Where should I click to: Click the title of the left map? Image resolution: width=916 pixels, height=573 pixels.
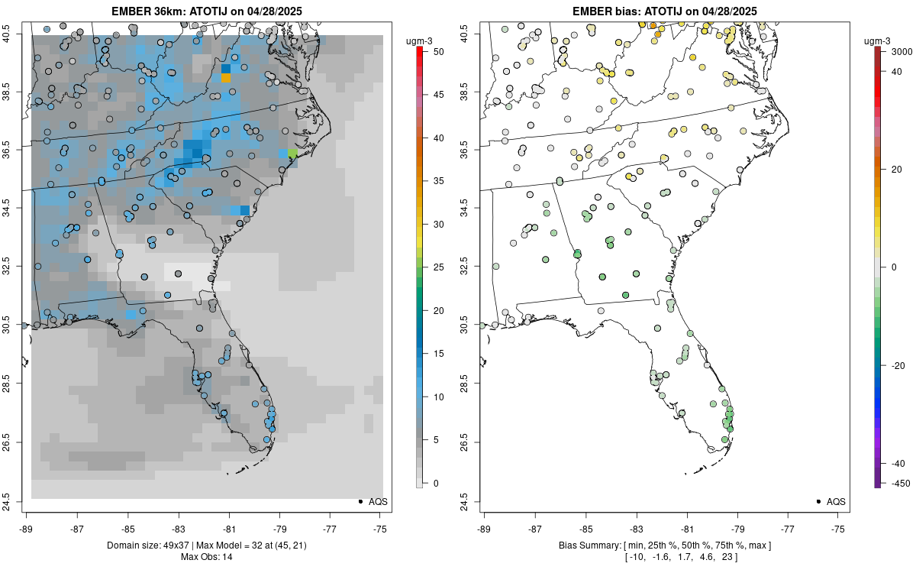click(x=207, y=11)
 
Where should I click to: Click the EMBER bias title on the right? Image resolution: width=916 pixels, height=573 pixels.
click(x=664, y=11)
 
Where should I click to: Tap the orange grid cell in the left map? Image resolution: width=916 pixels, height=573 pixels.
click(x=225, y=77)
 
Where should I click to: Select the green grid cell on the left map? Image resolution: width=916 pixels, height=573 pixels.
click(x=292, y=154)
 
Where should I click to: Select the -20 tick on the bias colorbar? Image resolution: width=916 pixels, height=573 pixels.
click(x=897, y=365)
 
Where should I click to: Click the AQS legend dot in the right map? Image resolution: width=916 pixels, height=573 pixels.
click(x=818, y=501)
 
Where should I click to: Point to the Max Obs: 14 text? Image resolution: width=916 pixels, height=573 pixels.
click(x=207, y=557)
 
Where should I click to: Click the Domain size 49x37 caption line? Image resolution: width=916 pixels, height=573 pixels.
click(x=207, y=545)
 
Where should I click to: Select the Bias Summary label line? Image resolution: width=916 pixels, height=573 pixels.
click(x=664, y=545)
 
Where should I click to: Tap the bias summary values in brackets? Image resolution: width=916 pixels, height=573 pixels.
click(x=664, y=557)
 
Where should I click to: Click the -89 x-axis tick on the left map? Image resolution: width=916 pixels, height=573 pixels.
click(x=27, y=528)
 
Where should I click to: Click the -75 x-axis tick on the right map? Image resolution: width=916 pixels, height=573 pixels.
click(x=838, y=528)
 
